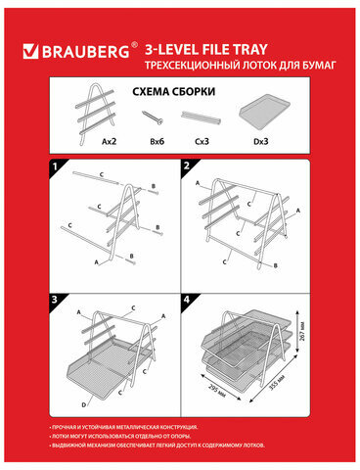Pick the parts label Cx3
(202, 139)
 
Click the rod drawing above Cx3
(202, 117)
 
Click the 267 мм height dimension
(304, 345)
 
